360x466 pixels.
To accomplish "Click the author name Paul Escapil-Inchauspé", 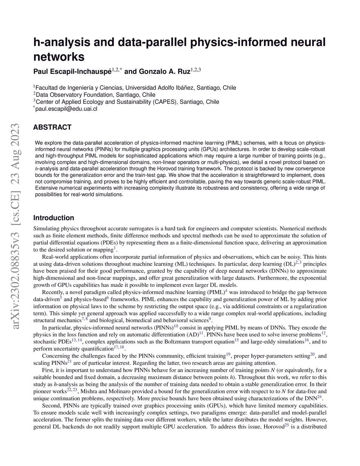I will [72, 72].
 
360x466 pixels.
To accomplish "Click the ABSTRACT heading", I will [52, 127].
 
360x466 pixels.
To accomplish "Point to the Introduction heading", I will [53, 218].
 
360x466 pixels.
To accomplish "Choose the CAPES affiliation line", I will [128, 102].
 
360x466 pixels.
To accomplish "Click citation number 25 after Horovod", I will [287, 425].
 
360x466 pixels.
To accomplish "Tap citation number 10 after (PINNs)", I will [176, 326].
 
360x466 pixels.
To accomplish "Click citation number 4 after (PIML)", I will [226, 291].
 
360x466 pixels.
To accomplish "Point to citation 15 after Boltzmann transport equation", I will [237, 340].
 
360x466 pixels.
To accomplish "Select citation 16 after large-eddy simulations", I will [307, 340].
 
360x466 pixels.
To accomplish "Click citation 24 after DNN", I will [319, 396].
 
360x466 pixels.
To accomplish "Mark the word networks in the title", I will [59, 56].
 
